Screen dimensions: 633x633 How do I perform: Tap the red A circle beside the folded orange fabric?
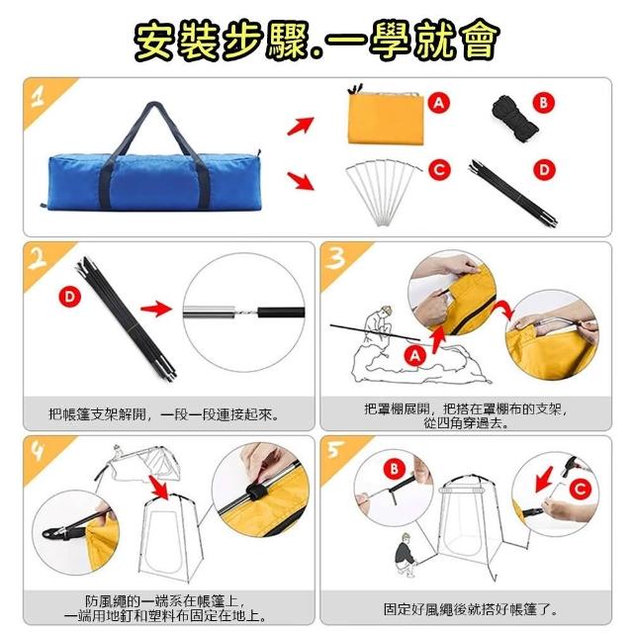(x=439, y=103)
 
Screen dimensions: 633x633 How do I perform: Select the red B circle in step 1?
(x=543, y=103)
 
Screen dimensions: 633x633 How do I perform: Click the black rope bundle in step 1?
(x=514, y=119)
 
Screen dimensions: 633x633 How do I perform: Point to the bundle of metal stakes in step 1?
(x=384, y=192)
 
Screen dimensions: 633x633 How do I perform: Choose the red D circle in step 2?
(x=70, y=297)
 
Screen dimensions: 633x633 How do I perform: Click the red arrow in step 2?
(x=156, y=309)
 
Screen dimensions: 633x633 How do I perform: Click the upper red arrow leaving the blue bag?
(x=301, y=126)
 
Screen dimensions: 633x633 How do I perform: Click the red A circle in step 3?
(x=415, y=356)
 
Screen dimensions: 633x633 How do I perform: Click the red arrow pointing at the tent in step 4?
(x=159, y=487)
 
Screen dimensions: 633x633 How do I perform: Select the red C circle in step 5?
(x=581, y=489)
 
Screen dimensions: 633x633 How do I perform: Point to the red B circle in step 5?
(x=394, y=469)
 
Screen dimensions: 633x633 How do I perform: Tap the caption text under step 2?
(x=164, y=414)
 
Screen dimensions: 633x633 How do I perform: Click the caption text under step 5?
(x=470, y=609)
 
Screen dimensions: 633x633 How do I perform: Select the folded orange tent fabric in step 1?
(x=386, y=117)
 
